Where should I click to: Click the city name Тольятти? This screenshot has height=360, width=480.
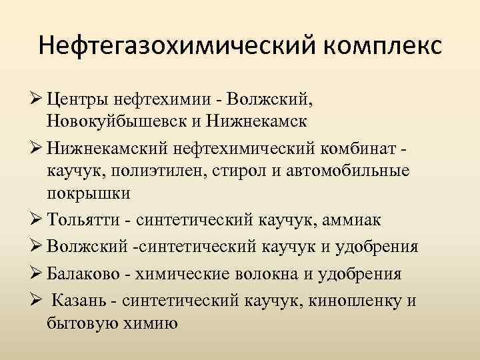[x=83, y=219]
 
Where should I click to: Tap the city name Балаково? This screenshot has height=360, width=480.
[x=86, y=273]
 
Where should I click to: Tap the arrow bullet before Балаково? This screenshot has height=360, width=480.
[x=38, y=273]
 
